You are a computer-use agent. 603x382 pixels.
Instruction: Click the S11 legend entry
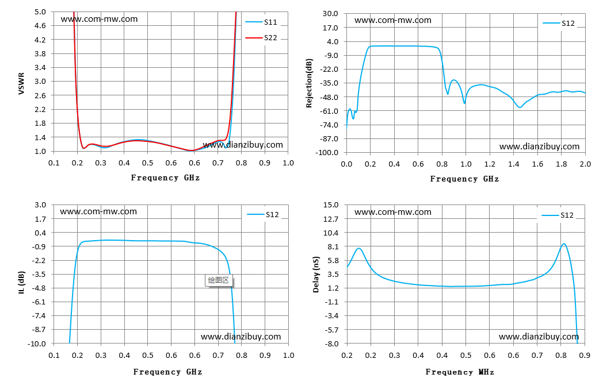pos(261,22)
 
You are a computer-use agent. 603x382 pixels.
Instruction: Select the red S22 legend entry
pos(261,37)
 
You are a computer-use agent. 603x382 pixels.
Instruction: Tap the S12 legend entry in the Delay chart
pos(558,215)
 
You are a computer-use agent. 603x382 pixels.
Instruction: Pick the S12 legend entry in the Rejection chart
pos(559,24)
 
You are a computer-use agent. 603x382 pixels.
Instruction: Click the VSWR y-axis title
pos(21,83)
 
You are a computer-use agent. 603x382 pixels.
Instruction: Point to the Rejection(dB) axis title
pos(309,83)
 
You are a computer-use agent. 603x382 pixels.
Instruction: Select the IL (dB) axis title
pos(21,283)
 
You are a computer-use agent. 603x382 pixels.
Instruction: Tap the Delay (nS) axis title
pos(316,275)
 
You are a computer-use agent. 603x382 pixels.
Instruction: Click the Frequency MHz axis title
pos(460,372)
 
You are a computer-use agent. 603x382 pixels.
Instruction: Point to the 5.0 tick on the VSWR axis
pos(40,12)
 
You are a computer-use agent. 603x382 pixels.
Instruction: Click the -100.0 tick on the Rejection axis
pos(327,153)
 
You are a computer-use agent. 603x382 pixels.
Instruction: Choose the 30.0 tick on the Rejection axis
pos(330,14)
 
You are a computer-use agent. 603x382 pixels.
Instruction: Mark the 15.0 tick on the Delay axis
pos(331,205)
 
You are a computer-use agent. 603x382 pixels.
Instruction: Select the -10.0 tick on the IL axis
pos(36,344)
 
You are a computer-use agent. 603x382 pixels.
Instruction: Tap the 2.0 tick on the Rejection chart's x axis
pos(585,164)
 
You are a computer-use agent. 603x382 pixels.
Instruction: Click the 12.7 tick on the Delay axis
pos(331,219)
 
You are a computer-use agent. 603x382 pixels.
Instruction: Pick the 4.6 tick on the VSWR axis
pos(40,26)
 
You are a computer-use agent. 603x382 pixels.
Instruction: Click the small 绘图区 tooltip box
pos(219,280)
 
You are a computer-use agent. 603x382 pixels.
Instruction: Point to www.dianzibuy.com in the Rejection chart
pos(539,146)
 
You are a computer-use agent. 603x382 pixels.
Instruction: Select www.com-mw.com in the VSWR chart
pos(99,19)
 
